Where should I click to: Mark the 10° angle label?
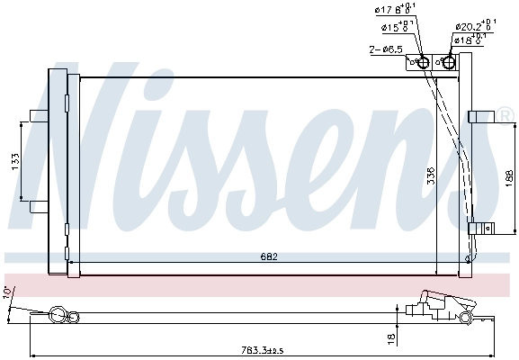click(8, 294)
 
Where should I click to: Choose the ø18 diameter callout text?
click(470, 40)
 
